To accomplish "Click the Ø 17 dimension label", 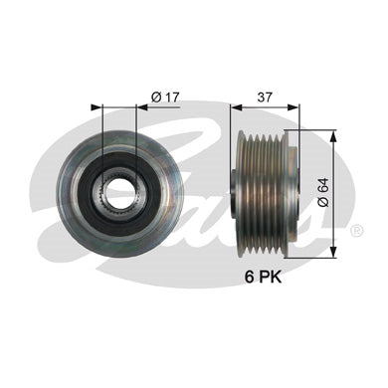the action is (x=164, y=97).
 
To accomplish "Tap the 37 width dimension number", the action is (x=265, y=97).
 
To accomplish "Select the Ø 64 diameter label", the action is (x=323, y=193).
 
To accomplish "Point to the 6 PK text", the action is (x=264, y=277).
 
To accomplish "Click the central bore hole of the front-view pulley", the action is (x=119, y=193).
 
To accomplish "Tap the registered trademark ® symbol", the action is (x=357, y=230).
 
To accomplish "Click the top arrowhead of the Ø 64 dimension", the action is (x=334, y=135).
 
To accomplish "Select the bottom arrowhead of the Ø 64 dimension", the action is (x=334, y=252).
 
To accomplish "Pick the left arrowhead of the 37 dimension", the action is (x=237, y=106).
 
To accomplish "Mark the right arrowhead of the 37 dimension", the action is (x=292, y=106).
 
